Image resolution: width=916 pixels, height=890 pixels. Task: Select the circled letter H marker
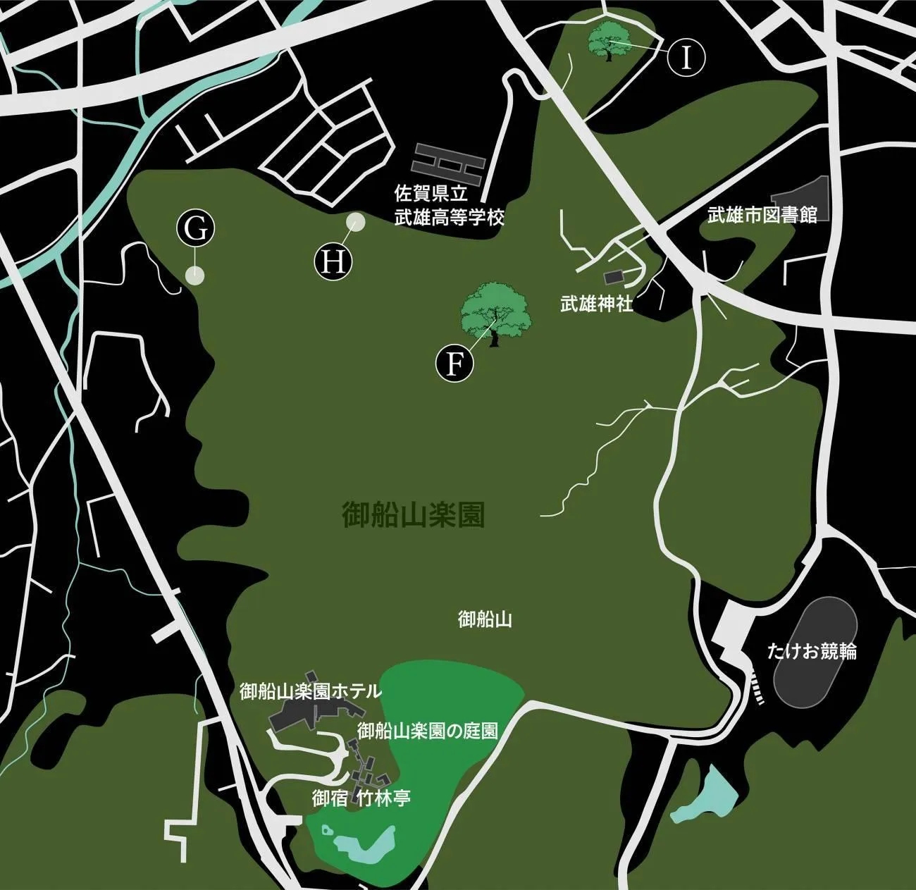click(x=333, y=261)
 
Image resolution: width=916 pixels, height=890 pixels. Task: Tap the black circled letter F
click(x=455, y=364)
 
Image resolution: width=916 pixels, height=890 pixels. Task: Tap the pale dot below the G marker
click(x=194, y=276)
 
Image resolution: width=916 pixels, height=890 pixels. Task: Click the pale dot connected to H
click(x=355, y=222)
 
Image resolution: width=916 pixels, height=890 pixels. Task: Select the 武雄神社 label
click(x=597, y=304)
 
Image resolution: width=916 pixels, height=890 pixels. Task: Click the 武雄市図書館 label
click(x=762, y=215)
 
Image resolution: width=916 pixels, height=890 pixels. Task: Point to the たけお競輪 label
click(x=812, y=651)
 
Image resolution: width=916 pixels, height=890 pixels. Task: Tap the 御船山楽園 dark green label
click(x=414, y=516)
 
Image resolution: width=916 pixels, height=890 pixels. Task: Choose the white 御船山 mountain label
click(x=485, y=619)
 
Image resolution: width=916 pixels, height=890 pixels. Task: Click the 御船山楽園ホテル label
click(x=310, y=691)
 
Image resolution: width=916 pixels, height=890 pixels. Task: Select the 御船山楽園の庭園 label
click(x=428, y=731)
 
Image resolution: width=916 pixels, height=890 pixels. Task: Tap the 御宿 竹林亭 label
click(x=361, y=798)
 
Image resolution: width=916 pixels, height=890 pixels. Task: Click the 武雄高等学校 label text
click(x=450, y=217)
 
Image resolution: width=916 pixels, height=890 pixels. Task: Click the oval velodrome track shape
click(x=815, y=649)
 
